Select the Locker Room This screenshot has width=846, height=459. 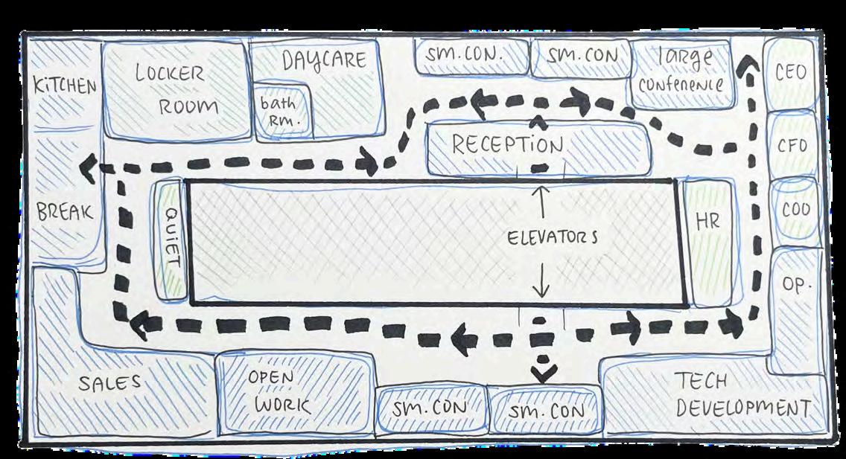click(x=176, y=90)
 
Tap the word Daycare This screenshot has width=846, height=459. click(x=324, y=60)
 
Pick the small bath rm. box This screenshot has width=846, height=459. click(x=277, y=112)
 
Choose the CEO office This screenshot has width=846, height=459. click(x=791, y=73)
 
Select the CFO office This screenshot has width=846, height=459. click(x=792, y=145)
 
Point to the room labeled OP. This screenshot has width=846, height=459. click(x=795, y=284)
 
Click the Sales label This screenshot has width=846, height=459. click(x=110, y=384)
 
